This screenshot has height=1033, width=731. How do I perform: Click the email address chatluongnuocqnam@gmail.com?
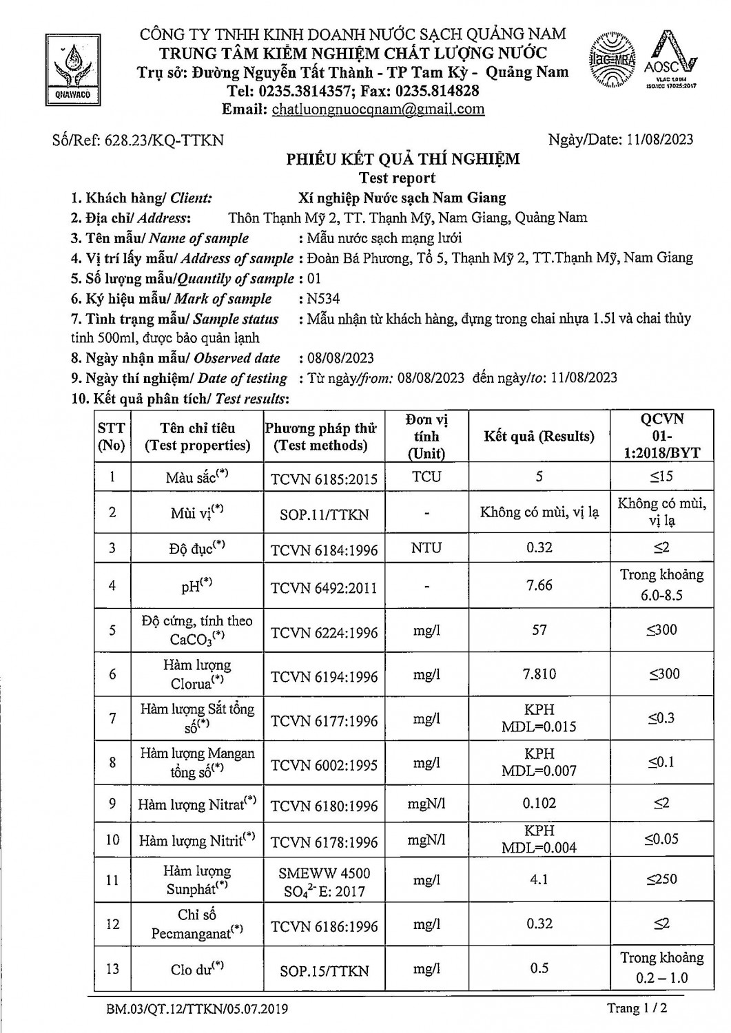(x=378, y=109)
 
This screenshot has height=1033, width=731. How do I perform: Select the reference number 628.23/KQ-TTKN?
(x=164, y=140)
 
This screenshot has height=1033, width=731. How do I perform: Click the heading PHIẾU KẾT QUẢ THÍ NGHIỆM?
(x=403, y=160)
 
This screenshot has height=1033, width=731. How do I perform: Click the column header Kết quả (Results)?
(x=539, y=436)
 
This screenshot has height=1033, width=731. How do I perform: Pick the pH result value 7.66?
(x=539, y=585)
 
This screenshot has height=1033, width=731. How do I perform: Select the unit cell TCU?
(x=426, y=477)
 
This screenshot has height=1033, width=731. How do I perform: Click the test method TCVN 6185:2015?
(x=324, y=477)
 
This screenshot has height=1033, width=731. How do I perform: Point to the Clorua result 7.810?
(x=539, y=674)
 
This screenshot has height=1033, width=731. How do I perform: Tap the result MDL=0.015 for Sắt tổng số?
(x=539, y=727)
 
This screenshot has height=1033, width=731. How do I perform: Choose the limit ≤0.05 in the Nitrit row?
(x=661, y=839)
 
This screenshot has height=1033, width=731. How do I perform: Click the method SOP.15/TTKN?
(x=324, y=971)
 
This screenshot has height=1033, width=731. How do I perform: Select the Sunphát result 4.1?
(x=539, y=879)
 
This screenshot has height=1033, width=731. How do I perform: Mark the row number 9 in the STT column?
(x=112, y=804)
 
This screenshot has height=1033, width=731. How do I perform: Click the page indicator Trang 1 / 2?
(x=637, y=1008)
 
